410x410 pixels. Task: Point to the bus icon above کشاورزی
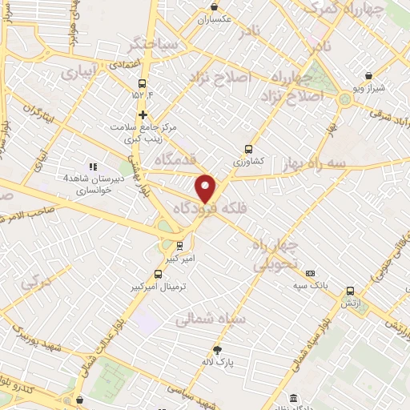248,148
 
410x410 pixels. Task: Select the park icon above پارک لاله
217,349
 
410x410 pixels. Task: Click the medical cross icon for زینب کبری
143,115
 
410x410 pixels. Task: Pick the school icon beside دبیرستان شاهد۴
93,167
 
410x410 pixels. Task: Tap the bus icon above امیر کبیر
179,245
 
